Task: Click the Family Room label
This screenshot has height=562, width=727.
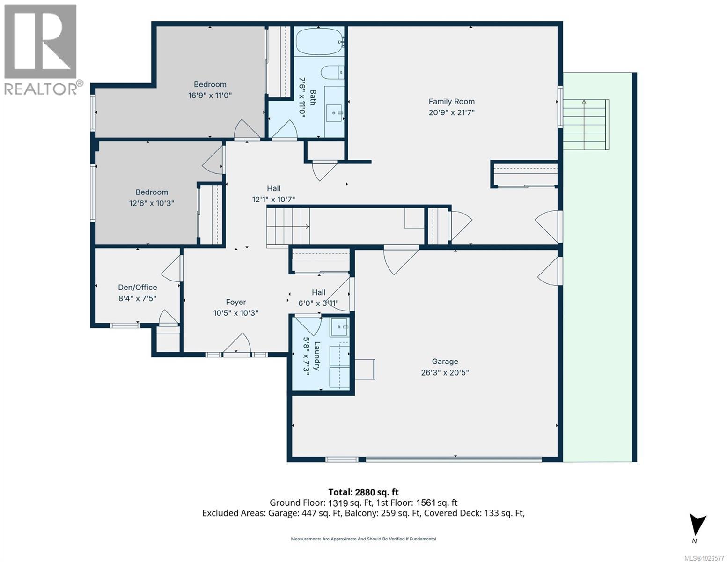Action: [x=451, y=102]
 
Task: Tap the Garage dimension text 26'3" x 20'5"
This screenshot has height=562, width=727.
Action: [x=445, y=372]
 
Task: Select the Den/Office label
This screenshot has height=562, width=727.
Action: [x=138, y=287]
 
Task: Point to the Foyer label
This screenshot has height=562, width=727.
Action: [x=236, y=302]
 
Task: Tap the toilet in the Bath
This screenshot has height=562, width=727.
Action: [x=332, y=72]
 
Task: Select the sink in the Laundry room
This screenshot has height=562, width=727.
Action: [x=340, y=327]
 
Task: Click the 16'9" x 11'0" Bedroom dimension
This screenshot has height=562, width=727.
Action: [x=210, y=96]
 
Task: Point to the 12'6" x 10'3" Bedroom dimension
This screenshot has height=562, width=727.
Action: [x=152, y=203]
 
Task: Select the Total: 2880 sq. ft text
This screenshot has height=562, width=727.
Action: [x=363, y=492]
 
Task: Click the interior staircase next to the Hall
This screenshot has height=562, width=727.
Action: [x=288, y=227]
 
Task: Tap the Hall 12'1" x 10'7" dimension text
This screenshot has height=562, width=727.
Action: [x=273, y=200]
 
